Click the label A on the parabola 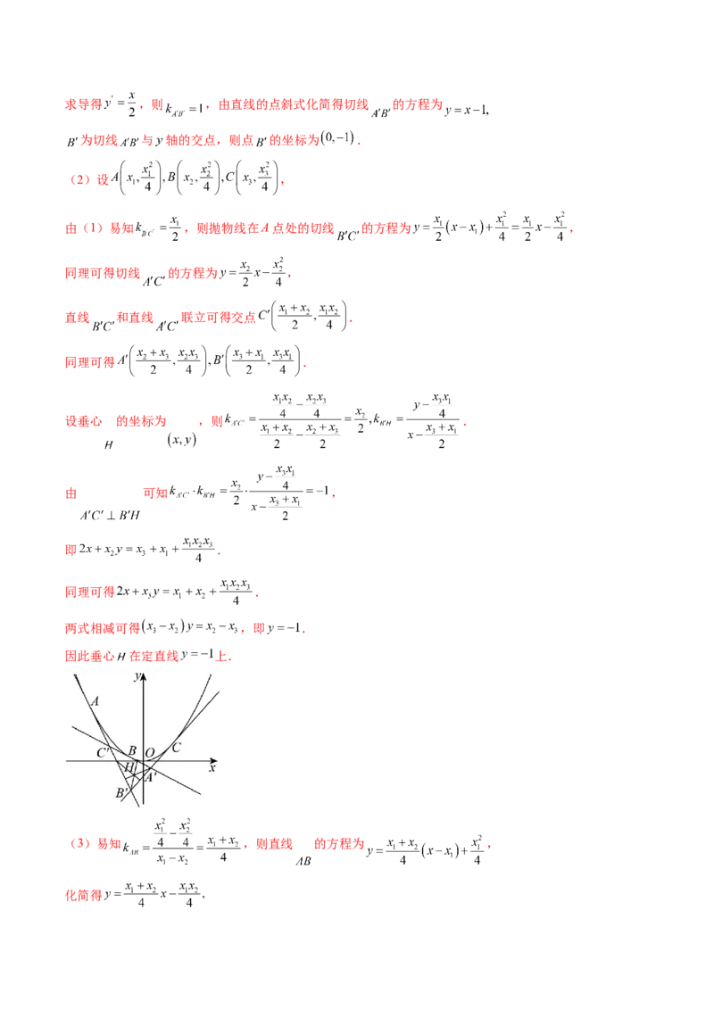coord(95,701)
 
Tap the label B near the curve coord(132,750)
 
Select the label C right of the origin coord(176,748)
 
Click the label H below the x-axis coord(129,767)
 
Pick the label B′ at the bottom coord(122,792)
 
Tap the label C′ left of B coord(104,753)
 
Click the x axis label coord(212,767)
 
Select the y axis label coord(136,677)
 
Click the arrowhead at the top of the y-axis coord(143,675)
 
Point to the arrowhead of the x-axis coord(215,761)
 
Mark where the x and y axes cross coord(143,761)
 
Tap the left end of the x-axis coord(67,761)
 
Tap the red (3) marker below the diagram coord(80,844)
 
